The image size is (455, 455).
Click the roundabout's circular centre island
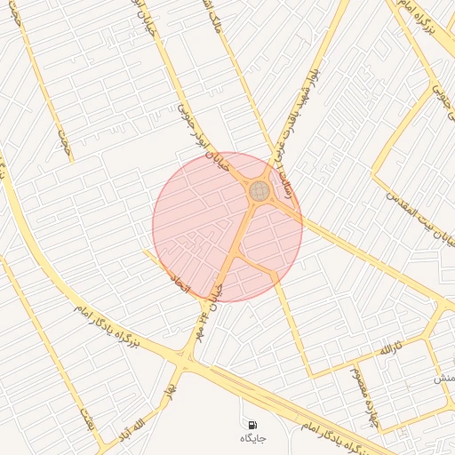coord(259,190)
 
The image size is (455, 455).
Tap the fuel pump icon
coord(252,425)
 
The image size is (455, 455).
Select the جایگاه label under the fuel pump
coord(252,438)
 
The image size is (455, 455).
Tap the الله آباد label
coord(130,429)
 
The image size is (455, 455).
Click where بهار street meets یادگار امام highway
coord(185,363)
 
